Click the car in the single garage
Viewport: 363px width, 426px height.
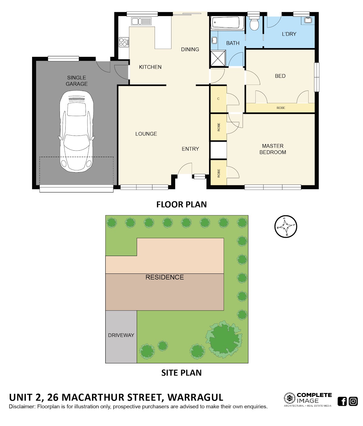[x=77, y=131]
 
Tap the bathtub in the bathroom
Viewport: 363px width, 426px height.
[x=227, y=23]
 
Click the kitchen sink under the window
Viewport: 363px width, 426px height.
[x=141, y=21]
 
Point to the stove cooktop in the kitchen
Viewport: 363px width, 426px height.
[x=124, y=42]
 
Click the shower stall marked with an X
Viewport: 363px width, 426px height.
[x=218, y=58]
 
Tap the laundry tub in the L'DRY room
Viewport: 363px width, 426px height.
[x=308, y=20]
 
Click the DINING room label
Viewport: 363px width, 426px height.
[x=190, y=49]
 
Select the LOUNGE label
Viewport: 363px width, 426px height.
[x=146, y=134]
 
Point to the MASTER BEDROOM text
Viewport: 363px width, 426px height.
[x=273, y=149]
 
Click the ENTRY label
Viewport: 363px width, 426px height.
[x=190, y=149]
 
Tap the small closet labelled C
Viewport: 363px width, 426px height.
[x=218, y=99]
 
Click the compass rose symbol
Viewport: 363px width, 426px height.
[x=286, y=227]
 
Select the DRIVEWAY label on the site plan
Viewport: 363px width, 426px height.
[x=121, y=335]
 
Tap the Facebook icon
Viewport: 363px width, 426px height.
[x=342, y=401]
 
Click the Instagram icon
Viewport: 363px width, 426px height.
[x=353, y=401]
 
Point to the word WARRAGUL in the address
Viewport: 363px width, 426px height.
[x=195, y=397]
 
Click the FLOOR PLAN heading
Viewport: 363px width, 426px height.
[x=181, y=205]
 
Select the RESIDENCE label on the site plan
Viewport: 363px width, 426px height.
[x=165, y=277]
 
